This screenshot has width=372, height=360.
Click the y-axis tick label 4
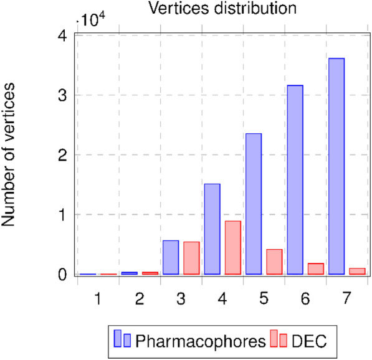click(x=62, y=36)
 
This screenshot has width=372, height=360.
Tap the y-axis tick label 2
click(x=62, y=155)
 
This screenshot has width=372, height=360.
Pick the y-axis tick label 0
click(x=62, y=275)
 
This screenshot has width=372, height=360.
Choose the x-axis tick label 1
click(x=98, y=299)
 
